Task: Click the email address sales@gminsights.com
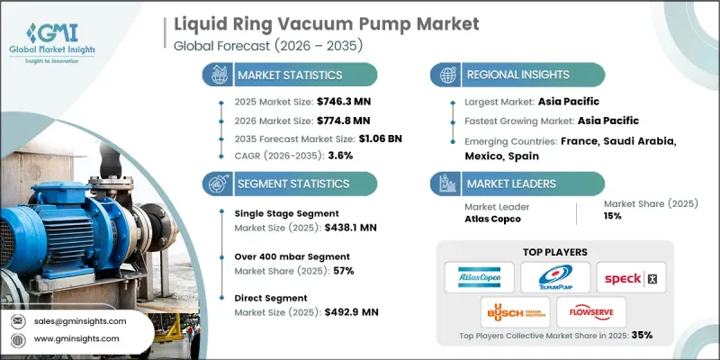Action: point(82,319)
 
